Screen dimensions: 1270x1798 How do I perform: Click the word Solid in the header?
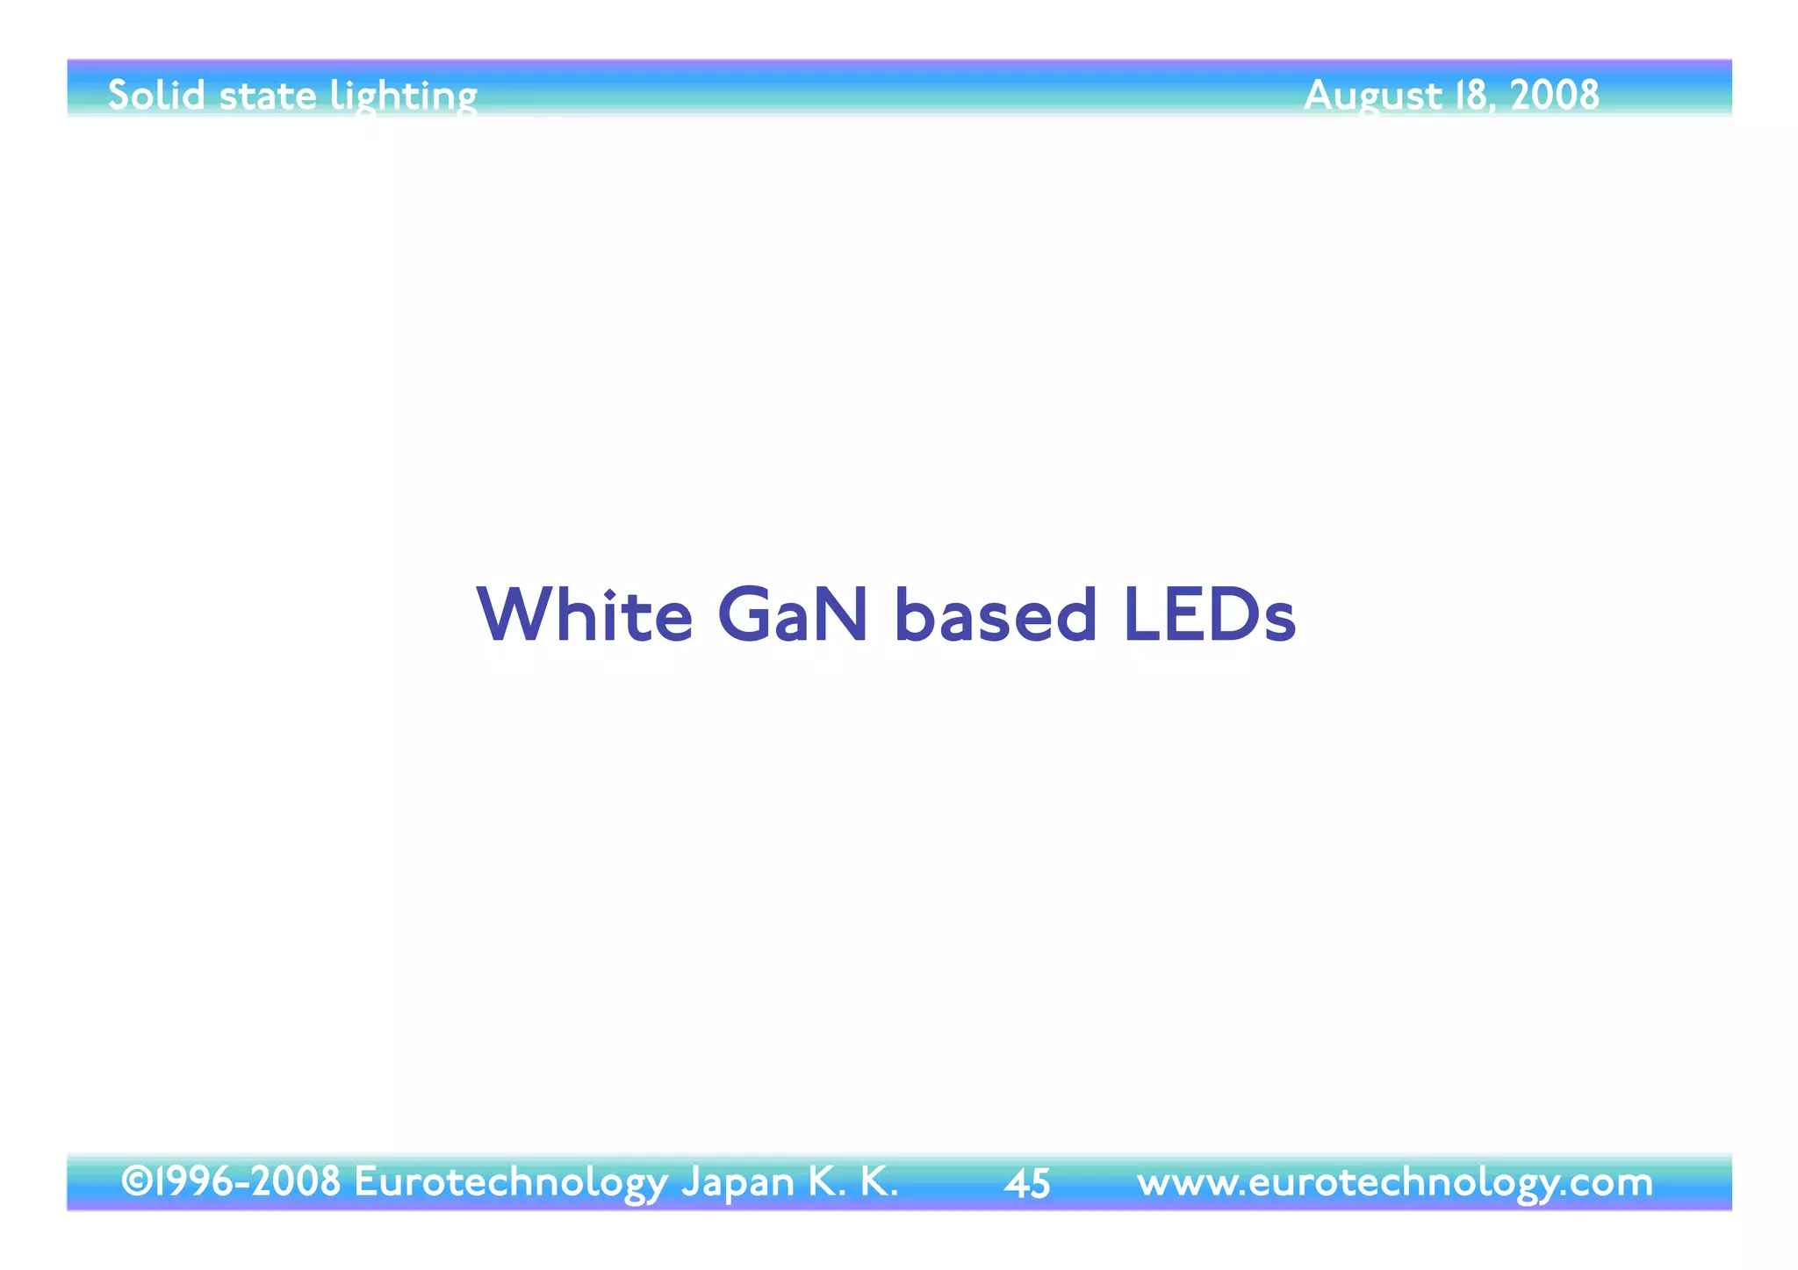pos(156,95)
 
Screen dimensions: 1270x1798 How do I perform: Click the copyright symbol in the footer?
pos(137,1181)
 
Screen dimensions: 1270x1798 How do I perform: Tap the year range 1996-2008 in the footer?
pos(248,1181)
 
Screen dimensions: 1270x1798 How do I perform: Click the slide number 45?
pos(1027,1184)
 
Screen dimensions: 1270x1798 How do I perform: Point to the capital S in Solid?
pos(119,95)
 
